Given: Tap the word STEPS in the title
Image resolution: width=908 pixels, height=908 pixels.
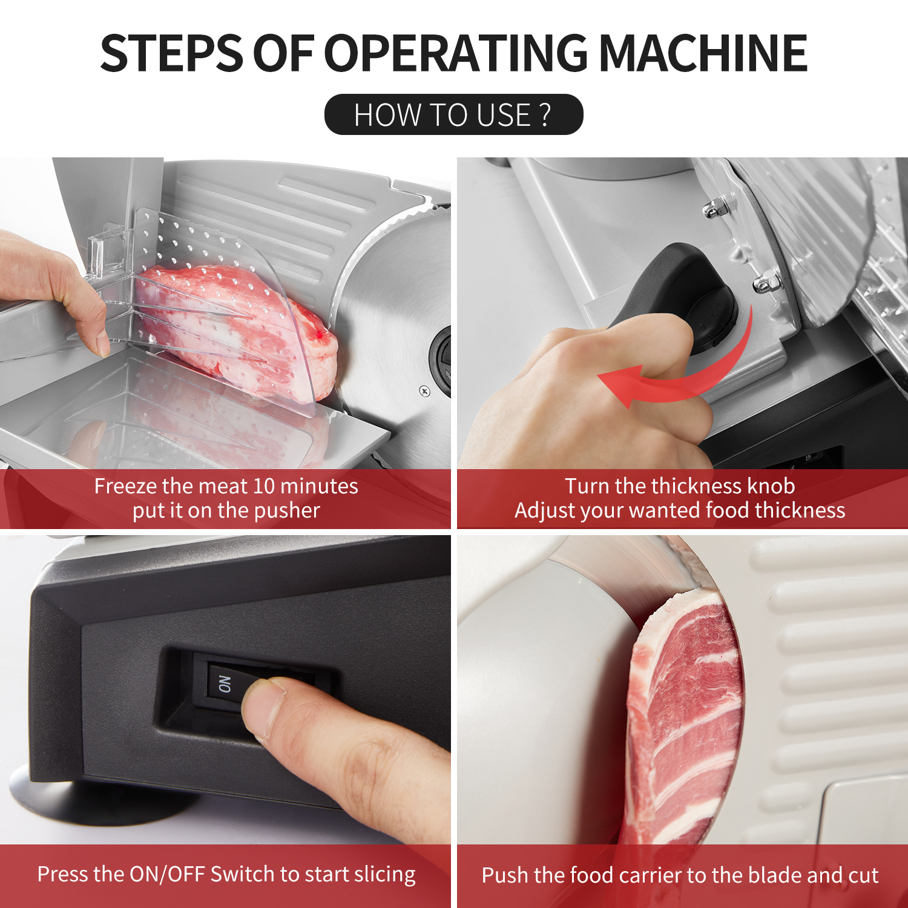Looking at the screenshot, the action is (171, 53).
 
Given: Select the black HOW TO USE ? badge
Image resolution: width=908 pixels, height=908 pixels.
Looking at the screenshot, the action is (453, 114).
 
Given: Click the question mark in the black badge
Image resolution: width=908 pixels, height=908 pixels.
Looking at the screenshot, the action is (544, 114).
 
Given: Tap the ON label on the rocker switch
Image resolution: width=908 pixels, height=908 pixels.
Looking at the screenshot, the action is (225, 684).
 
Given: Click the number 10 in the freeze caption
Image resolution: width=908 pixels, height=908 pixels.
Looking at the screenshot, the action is (264, 486).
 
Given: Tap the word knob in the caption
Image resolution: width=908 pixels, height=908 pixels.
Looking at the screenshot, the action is (771, 486).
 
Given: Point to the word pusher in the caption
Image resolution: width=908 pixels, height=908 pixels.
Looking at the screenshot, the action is (286, 512).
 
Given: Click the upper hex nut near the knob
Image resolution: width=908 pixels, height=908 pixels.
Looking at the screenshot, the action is (714, 209).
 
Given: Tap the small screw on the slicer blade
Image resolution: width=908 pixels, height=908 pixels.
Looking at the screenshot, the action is (424, 391).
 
